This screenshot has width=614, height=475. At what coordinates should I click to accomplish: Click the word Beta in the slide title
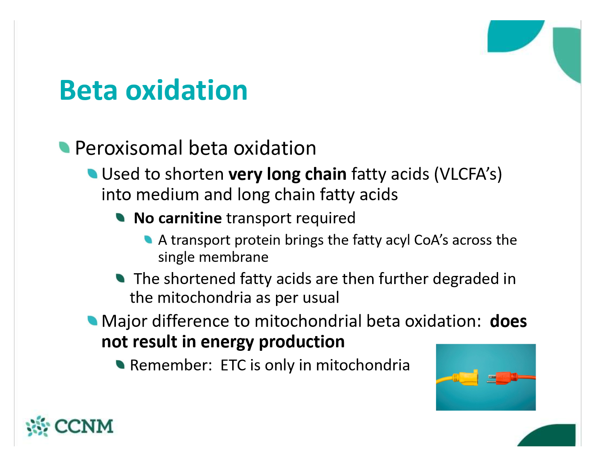pos(88,90)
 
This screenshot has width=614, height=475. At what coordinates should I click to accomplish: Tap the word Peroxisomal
pos(129,148)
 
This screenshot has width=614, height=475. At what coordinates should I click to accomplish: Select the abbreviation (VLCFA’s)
pos(468,174)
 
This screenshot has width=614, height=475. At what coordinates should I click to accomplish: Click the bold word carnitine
pos(190,218)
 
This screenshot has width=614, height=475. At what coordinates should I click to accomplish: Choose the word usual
pos(321,298)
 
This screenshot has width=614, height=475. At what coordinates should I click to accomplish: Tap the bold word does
pos(508,321)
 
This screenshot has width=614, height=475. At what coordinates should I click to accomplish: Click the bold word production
pos(302,342)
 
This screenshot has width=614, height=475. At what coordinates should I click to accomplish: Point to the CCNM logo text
pos(84,426)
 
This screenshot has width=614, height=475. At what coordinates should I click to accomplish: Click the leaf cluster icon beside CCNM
pos(38,426)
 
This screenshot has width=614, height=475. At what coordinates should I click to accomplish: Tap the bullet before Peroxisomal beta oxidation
pos(64,147)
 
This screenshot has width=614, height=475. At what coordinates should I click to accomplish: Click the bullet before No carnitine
pos(121,218)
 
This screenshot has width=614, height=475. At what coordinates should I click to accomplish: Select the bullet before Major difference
pos(92,321)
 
